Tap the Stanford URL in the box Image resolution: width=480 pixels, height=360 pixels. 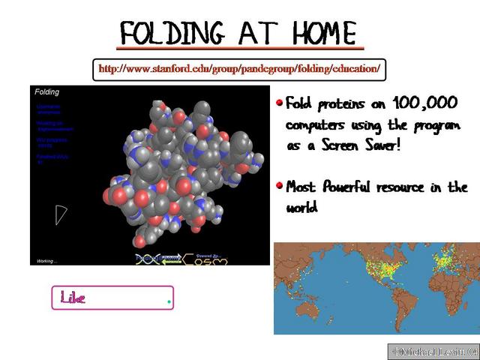tap(239, 70)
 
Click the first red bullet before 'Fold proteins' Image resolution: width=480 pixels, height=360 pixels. tap(280, 103)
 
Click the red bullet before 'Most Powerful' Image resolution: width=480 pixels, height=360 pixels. tap(280, 184)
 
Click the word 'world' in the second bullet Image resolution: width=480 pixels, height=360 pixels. tap(301, 207)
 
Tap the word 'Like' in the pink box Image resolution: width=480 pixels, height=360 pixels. tap(73, 298)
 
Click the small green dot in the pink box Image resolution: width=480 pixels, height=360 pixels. tap(169, 301)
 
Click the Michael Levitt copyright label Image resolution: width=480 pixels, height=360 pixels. tap(433, 351)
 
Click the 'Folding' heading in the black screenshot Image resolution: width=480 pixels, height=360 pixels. tap(47, 92)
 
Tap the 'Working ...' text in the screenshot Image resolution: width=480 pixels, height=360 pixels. tap(46, 261)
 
